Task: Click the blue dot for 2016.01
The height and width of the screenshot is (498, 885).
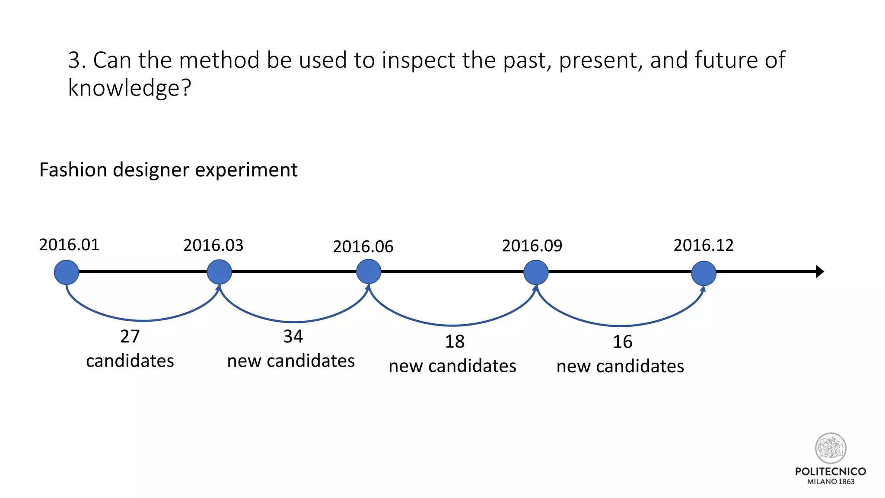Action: pos(67,272)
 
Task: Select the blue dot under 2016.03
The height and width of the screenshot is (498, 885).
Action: pos(220,272)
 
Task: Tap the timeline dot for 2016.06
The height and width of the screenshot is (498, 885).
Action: pos(369,271)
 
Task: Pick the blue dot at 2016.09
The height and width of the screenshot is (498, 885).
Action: pos(536,272)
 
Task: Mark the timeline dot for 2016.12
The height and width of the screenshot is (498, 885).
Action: pos(704,273)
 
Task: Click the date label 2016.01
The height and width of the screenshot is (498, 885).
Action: pos(69,245)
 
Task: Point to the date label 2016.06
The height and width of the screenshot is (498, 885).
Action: pos(363,247)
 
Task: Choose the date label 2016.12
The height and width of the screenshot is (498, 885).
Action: pos(704,246)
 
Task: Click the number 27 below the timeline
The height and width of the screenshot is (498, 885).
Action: pos(130,336)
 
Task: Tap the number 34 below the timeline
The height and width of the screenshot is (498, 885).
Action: pos(293,336)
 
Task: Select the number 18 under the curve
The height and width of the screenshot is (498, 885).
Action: pos(455,342)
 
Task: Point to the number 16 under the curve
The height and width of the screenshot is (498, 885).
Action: pos(622,342)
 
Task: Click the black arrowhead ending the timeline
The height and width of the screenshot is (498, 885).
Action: pos(819,271)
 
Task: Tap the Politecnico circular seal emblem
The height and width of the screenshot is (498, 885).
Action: pos(831,448)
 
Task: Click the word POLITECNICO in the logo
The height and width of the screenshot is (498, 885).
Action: pos(831,471)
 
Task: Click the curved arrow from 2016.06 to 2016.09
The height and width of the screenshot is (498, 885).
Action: pos(452,325)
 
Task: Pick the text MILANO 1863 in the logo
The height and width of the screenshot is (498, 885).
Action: pos(831,482)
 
